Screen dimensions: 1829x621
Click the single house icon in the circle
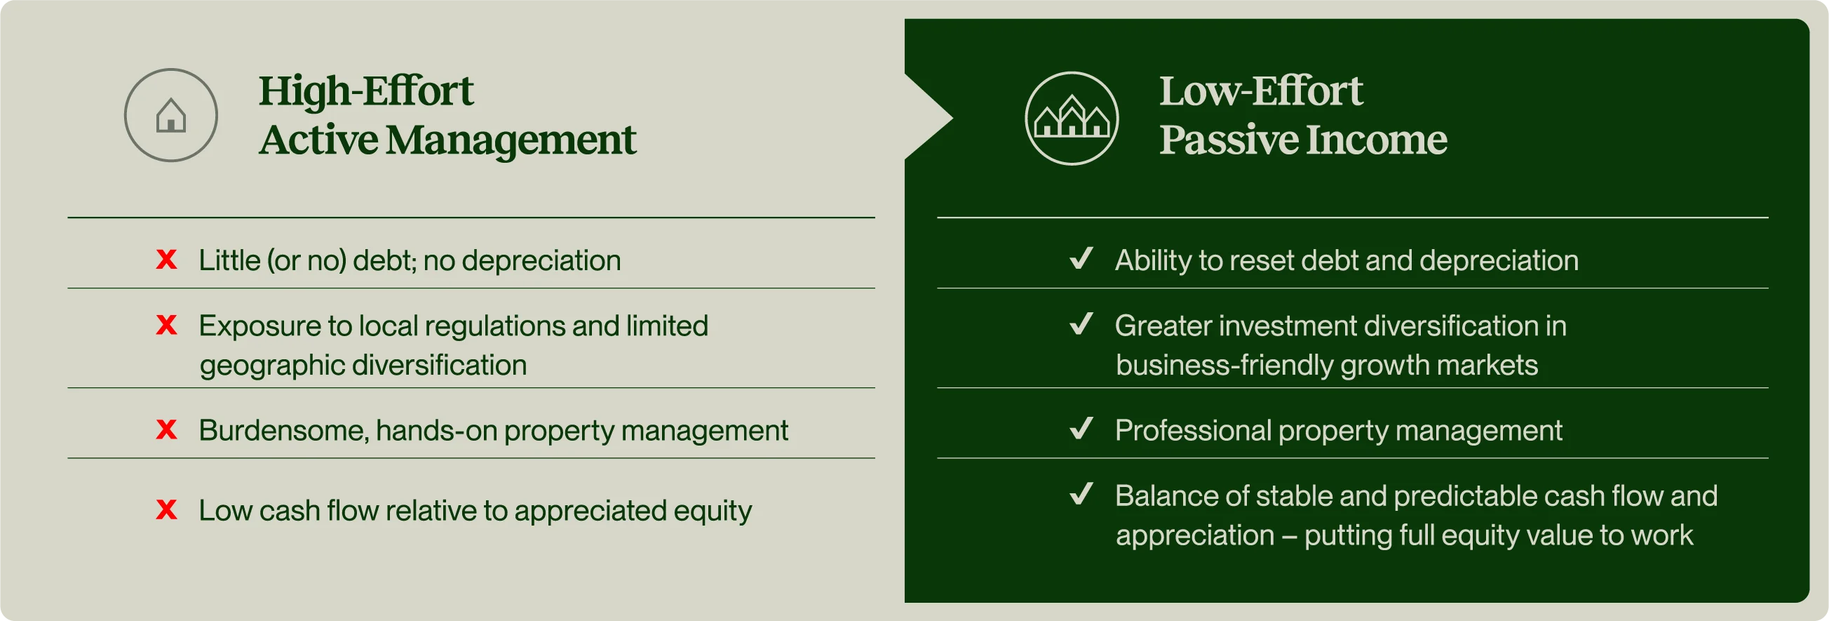click(x=171, y=115)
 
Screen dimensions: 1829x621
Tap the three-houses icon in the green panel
click(x=1072, y=116)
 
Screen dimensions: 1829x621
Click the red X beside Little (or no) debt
click(x=166, y=260)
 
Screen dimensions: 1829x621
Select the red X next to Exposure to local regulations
click(x=166, y=325)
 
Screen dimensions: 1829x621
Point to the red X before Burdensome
click(x=166, y=429)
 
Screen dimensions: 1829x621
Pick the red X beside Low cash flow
click(x=166, y=509)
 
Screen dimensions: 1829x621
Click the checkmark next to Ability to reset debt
click(x=1081, y=258)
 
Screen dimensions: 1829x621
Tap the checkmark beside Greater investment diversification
click(x=1081, y=323)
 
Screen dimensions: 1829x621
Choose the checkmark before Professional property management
click(x=1081, y=428)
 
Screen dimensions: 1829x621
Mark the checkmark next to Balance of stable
click(x=1081, y=493)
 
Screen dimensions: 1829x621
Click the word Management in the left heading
click(x=511, y=140)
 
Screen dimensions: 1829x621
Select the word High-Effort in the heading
click(x=365, y=91)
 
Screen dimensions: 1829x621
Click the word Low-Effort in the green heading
click(x=1261, y=91)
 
